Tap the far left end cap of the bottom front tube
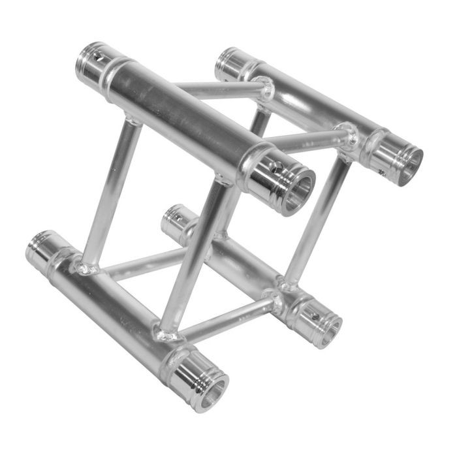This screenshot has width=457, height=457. (40, 246)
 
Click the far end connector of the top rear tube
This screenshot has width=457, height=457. (229, 61)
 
